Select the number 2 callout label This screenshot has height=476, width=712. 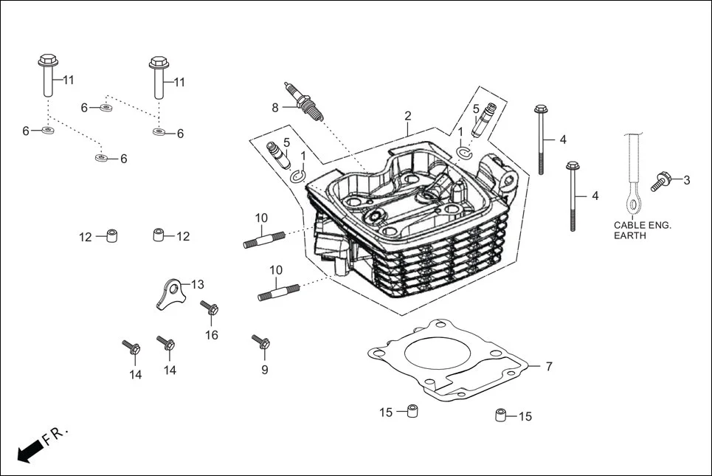click(407, 116)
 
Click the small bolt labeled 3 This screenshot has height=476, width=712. click(662, 182)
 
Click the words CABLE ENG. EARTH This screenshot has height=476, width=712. click(642, 230)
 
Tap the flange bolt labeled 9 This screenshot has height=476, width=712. click(261, 342)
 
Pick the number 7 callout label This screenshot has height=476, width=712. click(549, 366)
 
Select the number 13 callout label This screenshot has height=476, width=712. click(197, 284)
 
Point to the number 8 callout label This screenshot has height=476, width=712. click(275, 107)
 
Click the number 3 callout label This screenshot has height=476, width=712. click(686, 179)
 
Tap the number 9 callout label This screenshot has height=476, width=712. click(264, 370)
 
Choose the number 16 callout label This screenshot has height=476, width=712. click(212, 335)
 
